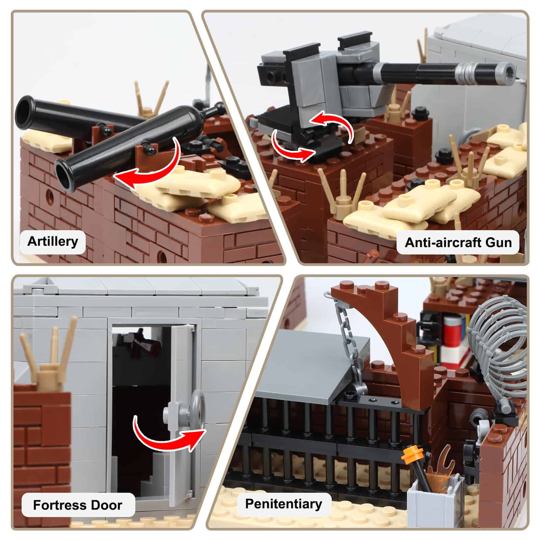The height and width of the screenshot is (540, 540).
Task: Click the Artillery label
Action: coord(53,242)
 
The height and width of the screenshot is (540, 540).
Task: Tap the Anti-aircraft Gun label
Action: coord(458,242)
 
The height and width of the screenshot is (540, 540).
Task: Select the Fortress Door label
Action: coord(78,505)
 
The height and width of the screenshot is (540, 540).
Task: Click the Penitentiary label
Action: coord(283,504)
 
